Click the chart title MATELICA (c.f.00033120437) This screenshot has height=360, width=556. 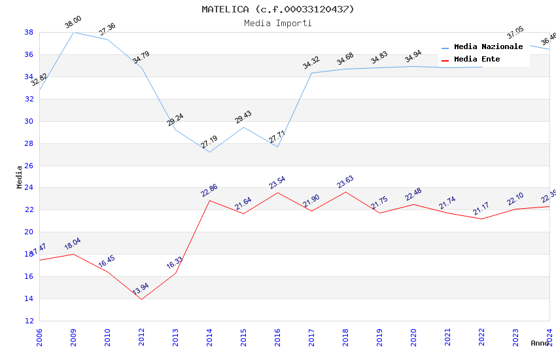click(x=278, y=9)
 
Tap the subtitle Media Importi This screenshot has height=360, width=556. click(x=278, y=23)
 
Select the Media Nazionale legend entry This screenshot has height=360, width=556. click(x=488, y=46)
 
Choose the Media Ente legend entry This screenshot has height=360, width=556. click(x=477, y=59)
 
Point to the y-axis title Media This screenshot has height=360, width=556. click(x=20, y=177)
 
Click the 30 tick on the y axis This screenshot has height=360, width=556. click(x=29, y=121)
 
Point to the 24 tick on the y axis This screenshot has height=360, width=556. click(x=29, y=188)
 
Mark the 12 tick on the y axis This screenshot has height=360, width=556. click(x=29, y=321)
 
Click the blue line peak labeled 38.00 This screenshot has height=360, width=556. click(x=73, y=32)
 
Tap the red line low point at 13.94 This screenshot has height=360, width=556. click(x=141, y=299)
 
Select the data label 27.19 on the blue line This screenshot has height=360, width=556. click(x=209, y=141)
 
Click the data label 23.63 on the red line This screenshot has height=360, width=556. click(x=345, y=181)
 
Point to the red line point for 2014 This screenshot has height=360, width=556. click(x=209, y=200)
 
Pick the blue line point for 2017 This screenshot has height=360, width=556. click(x=311, y=73)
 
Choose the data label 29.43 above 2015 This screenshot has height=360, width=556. click(x=243, y=117)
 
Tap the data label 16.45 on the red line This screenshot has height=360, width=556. click(x=107, y=261)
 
